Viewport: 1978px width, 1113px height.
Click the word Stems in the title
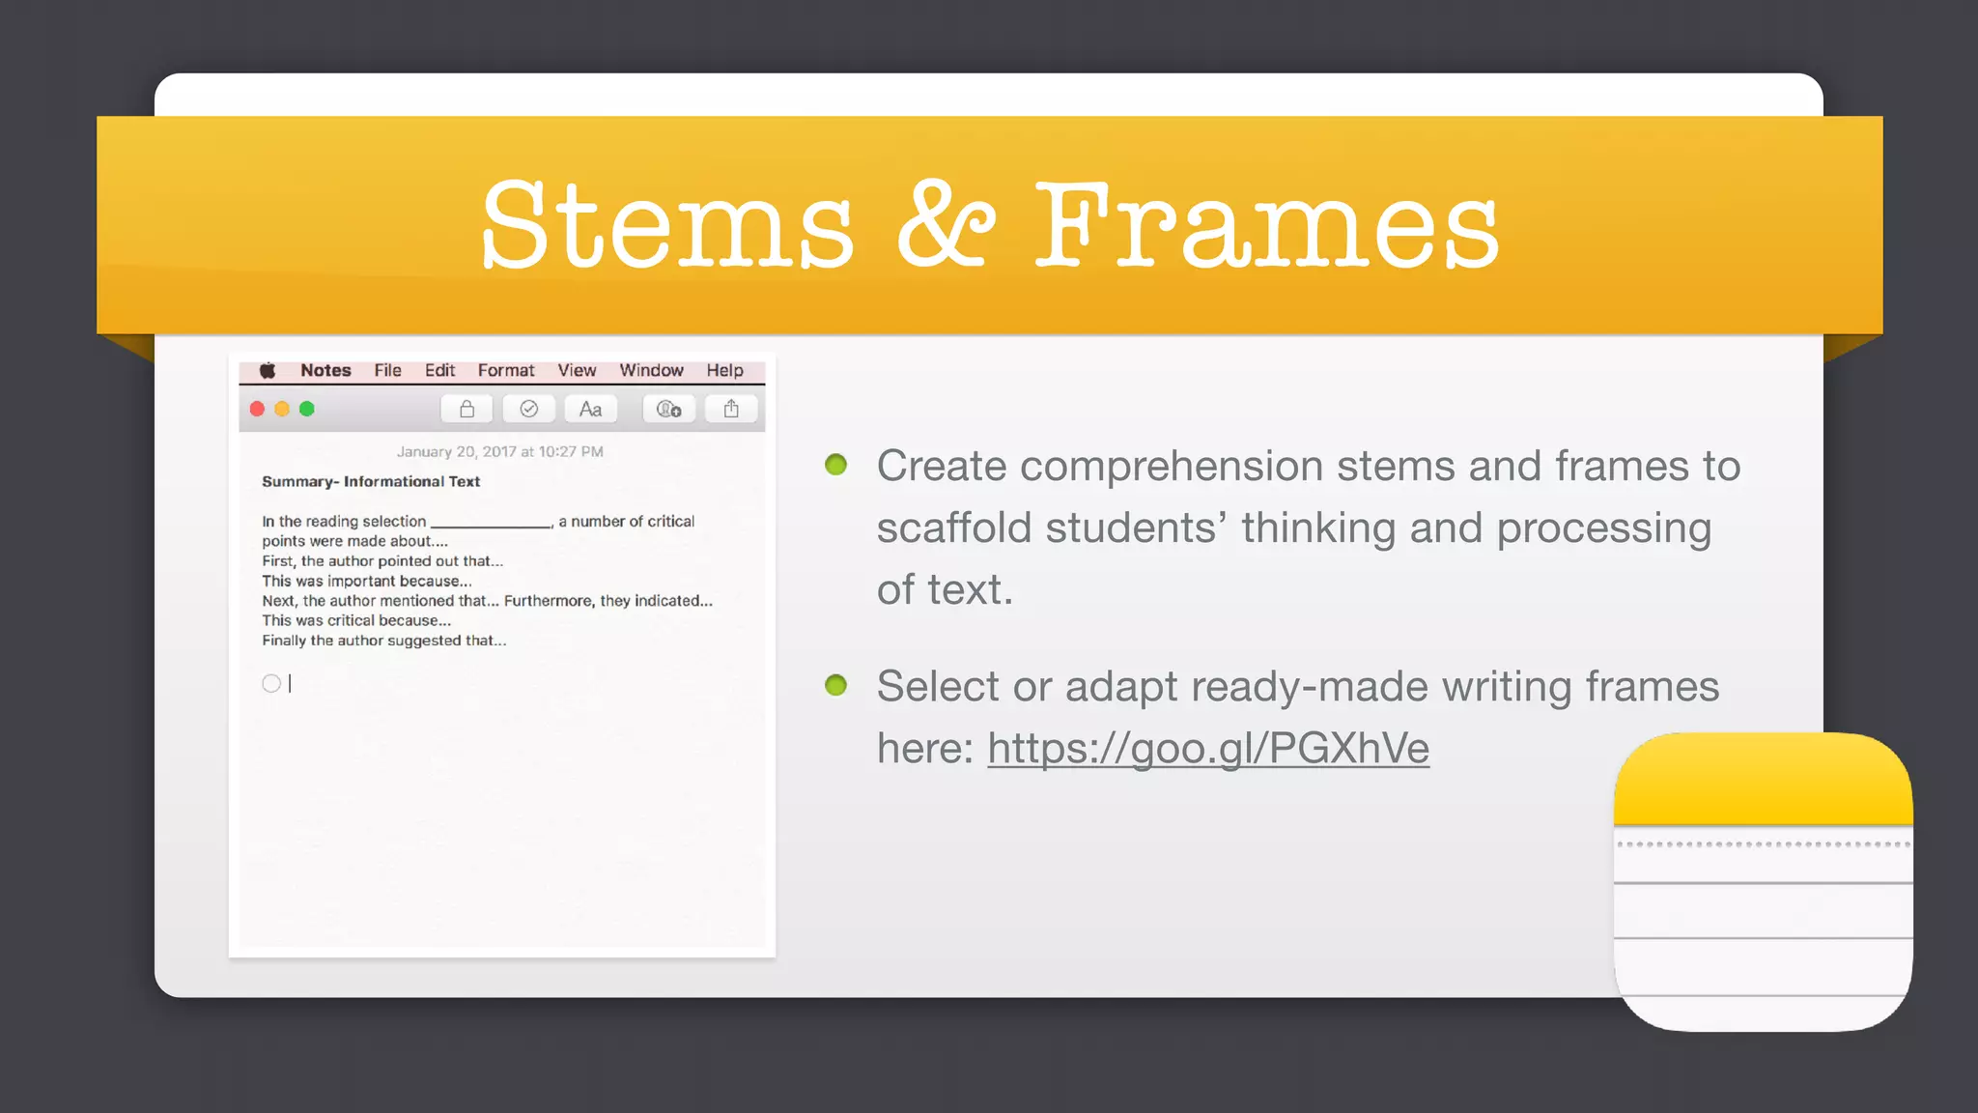coord(667,227)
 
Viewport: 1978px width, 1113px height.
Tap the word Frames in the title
coord(1266,227)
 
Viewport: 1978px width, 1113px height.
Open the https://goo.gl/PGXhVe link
coord(1207,749)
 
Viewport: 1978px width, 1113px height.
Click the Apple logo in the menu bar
coord(268,371)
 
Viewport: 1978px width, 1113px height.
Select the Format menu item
coord(505,371)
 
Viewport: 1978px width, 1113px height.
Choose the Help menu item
coord(724,371)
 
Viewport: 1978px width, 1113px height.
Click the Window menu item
coord(651,371)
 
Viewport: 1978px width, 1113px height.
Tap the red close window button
coord(257,409)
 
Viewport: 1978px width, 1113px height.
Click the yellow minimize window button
coord(282,409)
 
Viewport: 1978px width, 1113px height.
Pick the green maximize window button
coord(307,409)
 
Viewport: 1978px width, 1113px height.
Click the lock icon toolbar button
coord(466,410)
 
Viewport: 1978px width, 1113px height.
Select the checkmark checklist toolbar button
coord(528,410)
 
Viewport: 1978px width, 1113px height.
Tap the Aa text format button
coord(590,410)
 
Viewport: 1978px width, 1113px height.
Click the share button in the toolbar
coord(731,410)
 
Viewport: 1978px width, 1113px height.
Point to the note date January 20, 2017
coord(499,452)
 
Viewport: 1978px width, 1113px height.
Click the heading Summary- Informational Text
coord(371,482)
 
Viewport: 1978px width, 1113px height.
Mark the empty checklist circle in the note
coord(271,684)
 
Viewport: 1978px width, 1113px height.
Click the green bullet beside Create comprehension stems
coord(836,466)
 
